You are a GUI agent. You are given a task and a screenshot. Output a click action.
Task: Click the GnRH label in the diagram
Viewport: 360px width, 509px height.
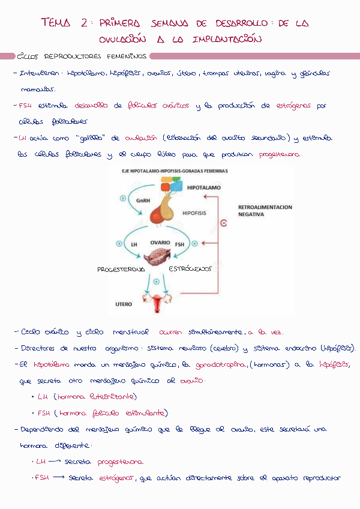pos(143,200)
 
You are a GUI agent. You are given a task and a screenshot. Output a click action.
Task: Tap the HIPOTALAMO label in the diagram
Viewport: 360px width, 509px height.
pos(204,188)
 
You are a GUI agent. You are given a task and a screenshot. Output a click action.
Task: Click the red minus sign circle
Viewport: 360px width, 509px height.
pos(224,223)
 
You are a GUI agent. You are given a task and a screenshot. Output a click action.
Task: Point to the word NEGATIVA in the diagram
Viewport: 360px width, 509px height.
pos(251,214)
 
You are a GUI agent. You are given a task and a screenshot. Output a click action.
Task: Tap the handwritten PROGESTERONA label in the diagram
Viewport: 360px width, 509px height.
pos(121,270)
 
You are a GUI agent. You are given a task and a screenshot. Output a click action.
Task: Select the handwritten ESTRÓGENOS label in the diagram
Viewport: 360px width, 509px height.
pos(190,270)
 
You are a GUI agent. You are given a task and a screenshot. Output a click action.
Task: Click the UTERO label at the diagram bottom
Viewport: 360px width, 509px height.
pos(124,304)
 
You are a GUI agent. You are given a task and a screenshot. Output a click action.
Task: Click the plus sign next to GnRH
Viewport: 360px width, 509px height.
pos(123,197)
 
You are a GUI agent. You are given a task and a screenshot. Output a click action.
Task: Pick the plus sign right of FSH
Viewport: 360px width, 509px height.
pos(196,244)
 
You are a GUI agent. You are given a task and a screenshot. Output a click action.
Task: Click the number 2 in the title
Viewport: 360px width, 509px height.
pos(83,23)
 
